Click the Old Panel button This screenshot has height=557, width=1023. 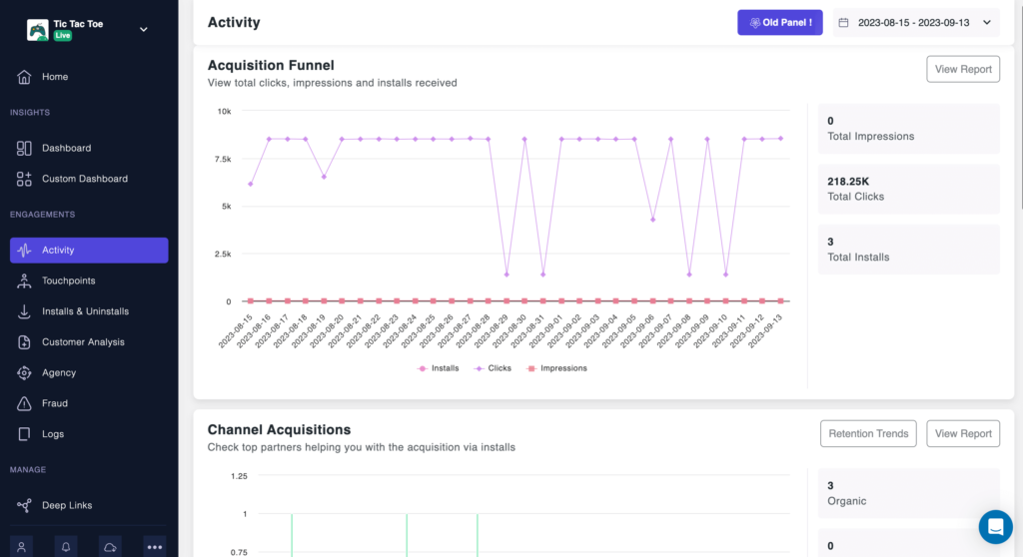point(779,22)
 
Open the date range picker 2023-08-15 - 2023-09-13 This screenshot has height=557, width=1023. point(916,22)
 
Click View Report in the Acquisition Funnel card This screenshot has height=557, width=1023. point(963,69)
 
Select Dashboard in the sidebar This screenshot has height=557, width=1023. point(66,148)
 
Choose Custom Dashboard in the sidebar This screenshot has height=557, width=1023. point(84,179)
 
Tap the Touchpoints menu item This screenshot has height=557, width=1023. point(68,280)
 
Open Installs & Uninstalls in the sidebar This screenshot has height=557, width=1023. point(85,311)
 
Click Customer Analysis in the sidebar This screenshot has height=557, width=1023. point(83,342)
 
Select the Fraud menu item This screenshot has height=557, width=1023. point(55,403)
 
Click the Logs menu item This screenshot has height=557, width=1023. point(53,434)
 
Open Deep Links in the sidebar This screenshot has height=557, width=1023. point(66,505)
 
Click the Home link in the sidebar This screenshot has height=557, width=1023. point(55,77)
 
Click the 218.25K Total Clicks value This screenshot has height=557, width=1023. point(848,182)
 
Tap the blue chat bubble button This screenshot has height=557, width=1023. point(995,526)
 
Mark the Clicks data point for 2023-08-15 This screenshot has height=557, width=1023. point(251,184)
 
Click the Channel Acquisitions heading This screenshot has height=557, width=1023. point(279,430)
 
